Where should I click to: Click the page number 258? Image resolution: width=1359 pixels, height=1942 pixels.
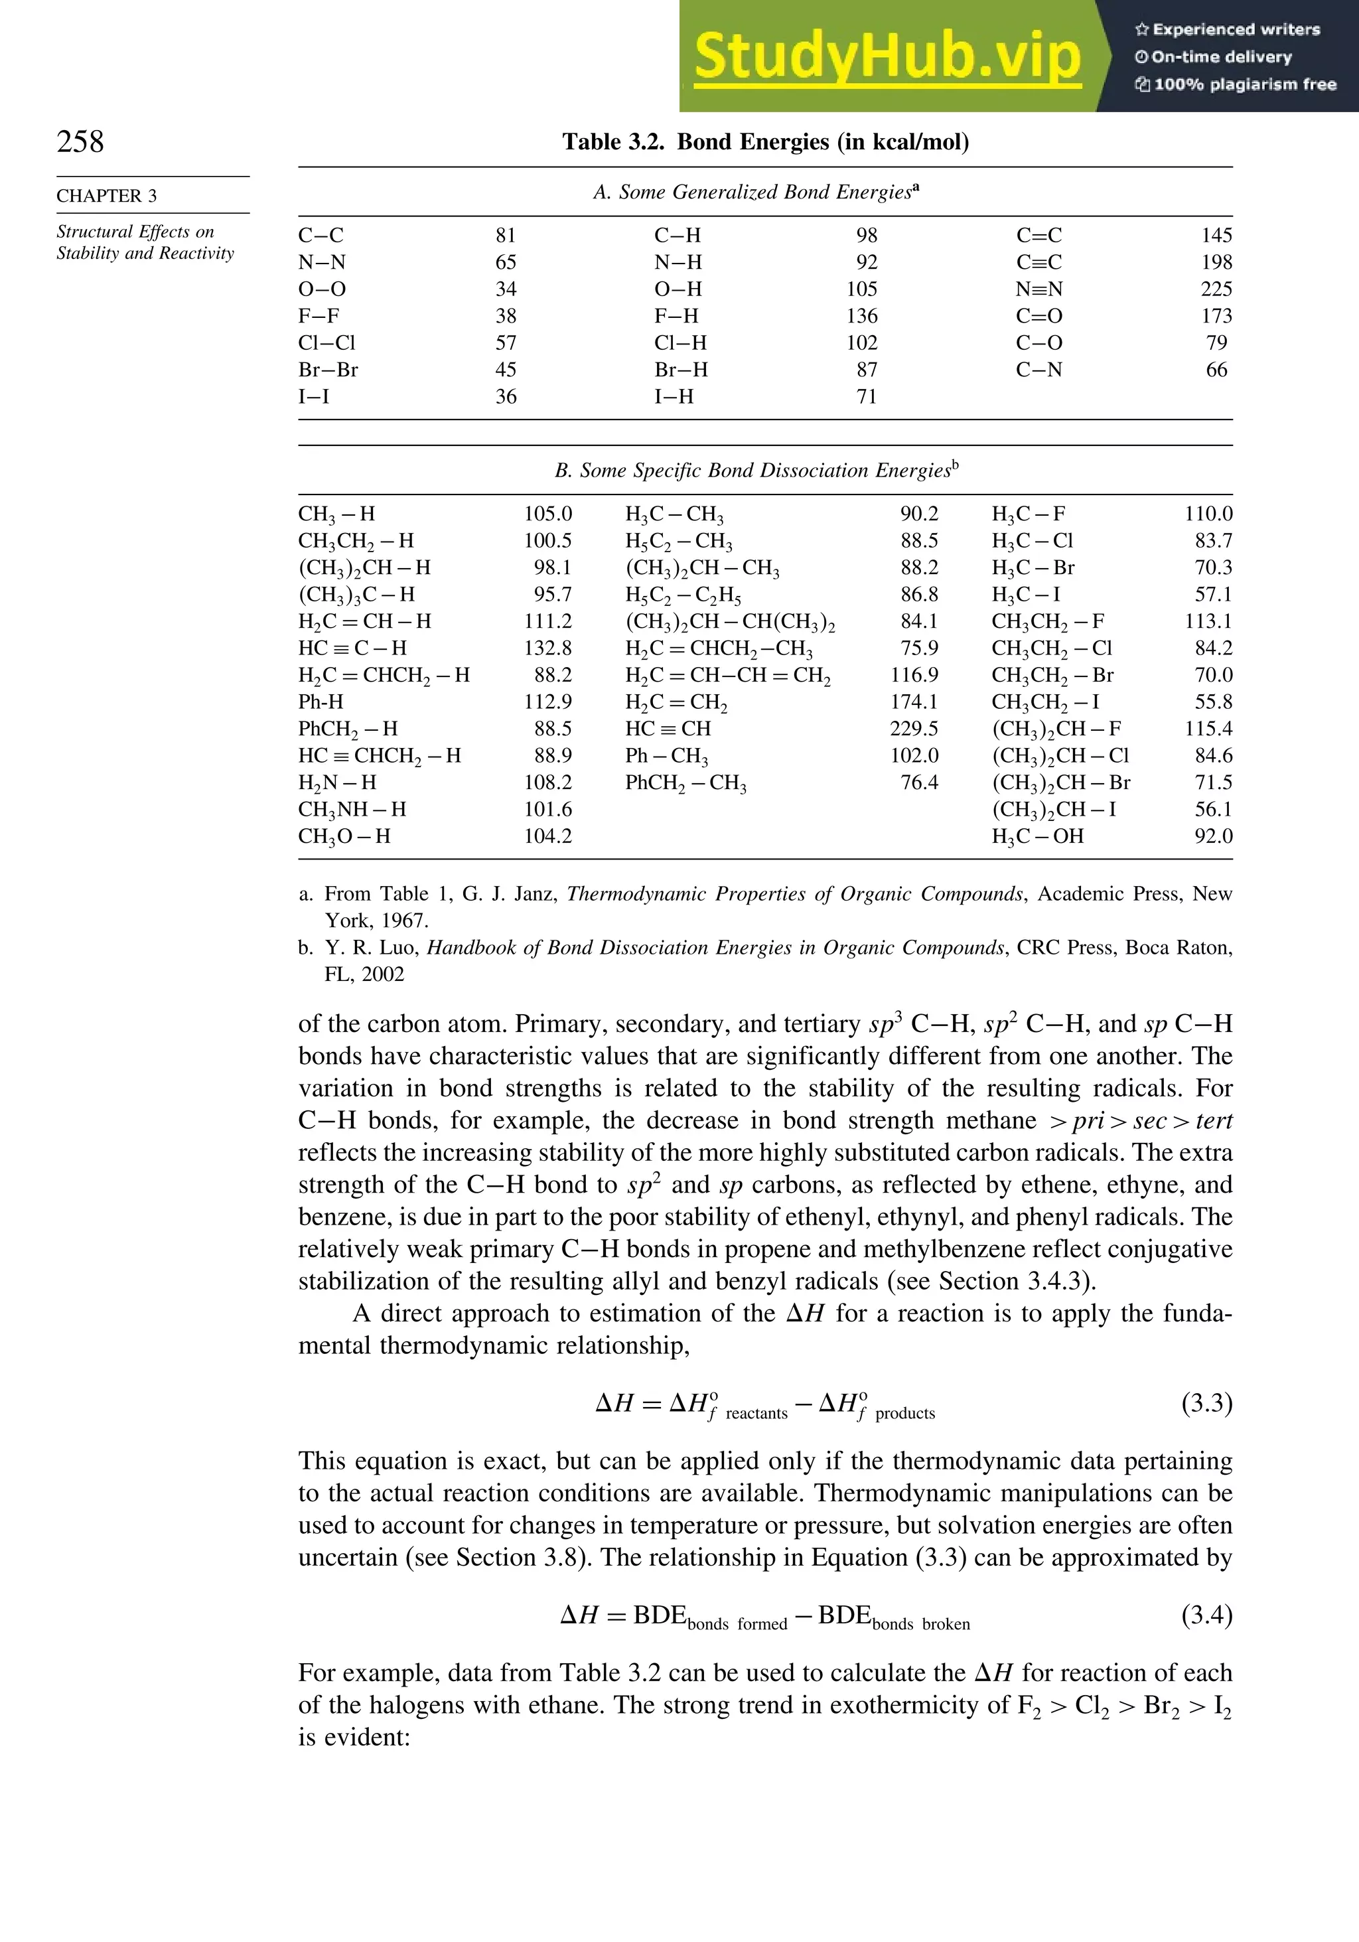pos(80,141)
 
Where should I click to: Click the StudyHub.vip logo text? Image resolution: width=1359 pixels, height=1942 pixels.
pos(887,56)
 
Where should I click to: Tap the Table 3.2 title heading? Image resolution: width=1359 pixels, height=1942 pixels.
pos(765,141)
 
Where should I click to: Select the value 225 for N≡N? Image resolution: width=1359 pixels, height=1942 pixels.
pos(1216,289)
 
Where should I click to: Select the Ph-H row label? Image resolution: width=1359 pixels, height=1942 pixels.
pos(321,702)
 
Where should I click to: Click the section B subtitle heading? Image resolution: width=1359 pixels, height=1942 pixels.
pos(756,471)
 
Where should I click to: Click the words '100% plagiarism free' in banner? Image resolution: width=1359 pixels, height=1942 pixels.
pos(1244,84)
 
